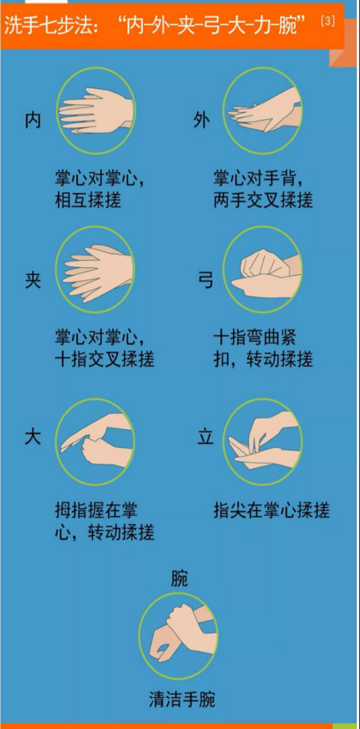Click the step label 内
coord(33,120)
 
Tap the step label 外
coord(202,120)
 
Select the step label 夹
coord(33,281)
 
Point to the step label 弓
coord(205,281)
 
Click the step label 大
coord(33,438)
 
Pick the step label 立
coord(205,438)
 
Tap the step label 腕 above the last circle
coord(179,579)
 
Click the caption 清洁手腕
coord(182,699)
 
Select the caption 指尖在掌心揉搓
coord(272,510)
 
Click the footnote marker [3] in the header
coord(327,21)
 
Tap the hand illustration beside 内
coord(96,111)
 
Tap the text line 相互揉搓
coord(88,200)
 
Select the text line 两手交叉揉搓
coord(263,200)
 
